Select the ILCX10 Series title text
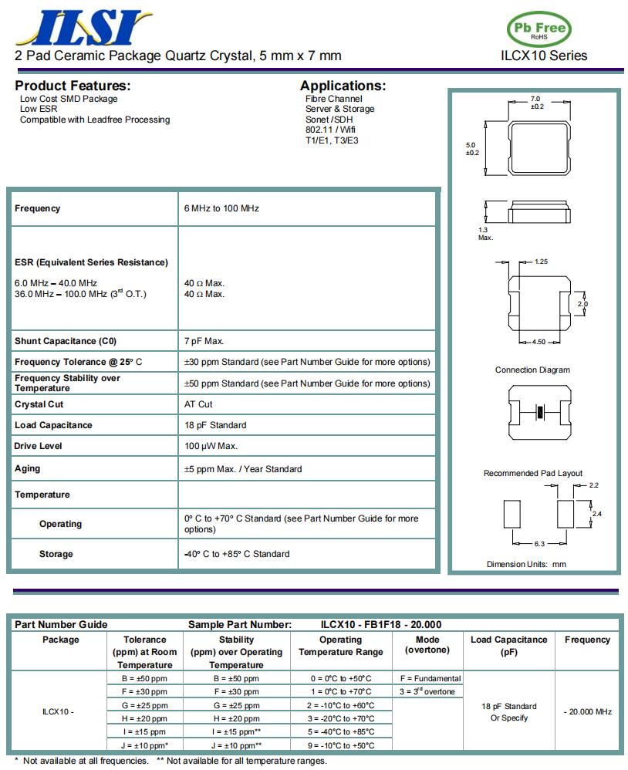coord(543,56)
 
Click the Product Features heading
coord(73,86)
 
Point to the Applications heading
coord(343,86)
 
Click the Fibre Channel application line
coord(333,99)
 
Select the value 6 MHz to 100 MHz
coord(221,208)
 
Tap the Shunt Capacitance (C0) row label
coord(66,341)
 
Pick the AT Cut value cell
coord(198,404)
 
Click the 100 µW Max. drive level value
coord(211,446)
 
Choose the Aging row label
coord(28,468)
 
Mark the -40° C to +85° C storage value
coord(237,554)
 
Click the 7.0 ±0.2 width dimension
coord(535,103)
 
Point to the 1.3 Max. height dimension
coord(485,233)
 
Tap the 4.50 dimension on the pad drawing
coord(539,342)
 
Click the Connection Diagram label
coord(532,370)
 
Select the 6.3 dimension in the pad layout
coord(539,544)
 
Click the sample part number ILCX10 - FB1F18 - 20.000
coord(381,624)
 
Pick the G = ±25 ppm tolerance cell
coord(145,705)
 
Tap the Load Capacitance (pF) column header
coord(508,645)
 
